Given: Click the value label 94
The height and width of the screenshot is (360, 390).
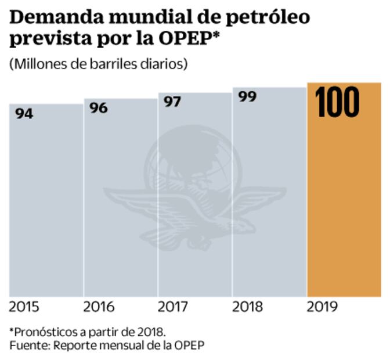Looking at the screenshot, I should click(x=24, y=114).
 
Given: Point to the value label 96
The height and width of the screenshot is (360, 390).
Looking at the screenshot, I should click(x=99, y=108).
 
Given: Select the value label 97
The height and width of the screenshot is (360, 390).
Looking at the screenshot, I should click(x=172, y=102).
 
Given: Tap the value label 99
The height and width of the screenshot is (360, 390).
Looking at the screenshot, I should click(x=247, y=96).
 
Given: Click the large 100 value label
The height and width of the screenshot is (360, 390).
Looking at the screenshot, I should click(x=337, y=102).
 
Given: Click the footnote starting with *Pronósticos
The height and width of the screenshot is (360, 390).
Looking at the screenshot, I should click(x=88, y=332).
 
